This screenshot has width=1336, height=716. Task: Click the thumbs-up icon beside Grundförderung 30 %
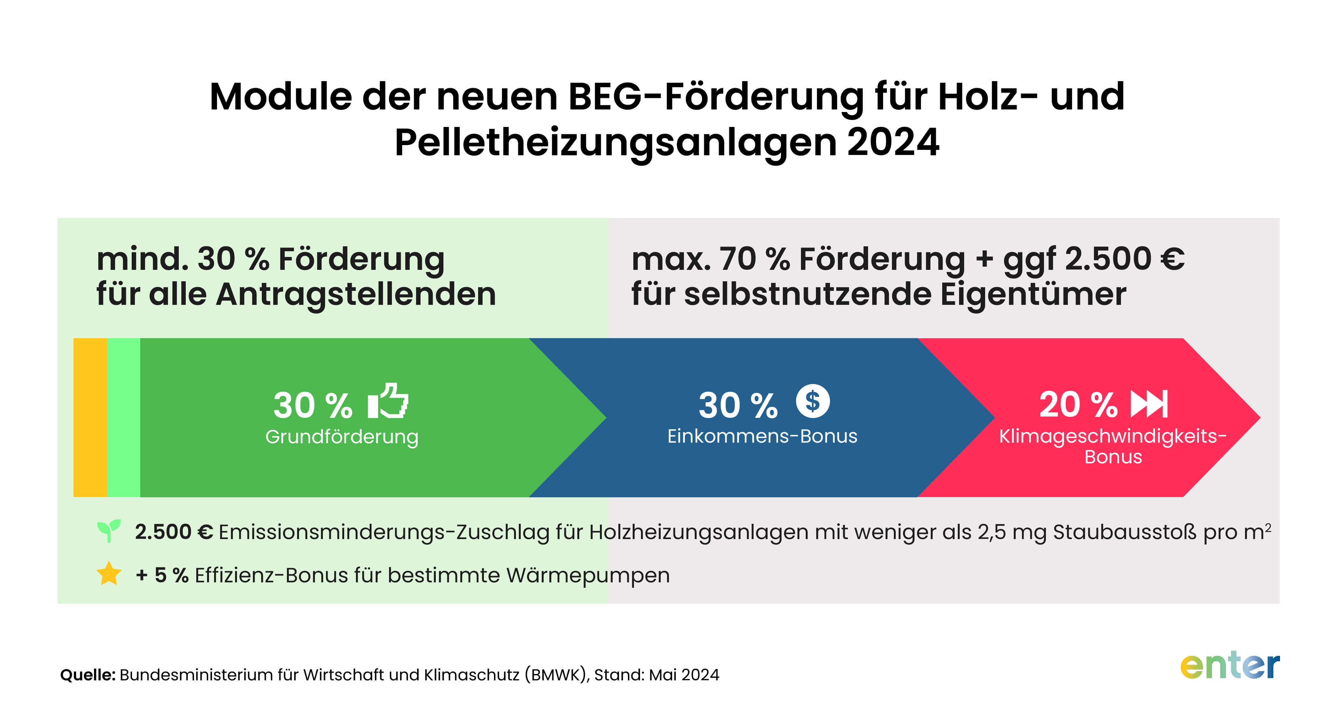tap(388, 401)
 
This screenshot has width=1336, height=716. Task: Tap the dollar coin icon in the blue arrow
tap(813, 401)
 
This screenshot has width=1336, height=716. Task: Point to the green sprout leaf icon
tap(109, 530)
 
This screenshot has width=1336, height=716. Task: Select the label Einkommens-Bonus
tap(762, 436)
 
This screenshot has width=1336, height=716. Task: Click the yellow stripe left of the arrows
tap(90, 417)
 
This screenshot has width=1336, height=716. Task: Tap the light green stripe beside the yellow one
tap(123, 417)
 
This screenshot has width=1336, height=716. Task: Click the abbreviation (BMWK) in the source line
tap(556, 675)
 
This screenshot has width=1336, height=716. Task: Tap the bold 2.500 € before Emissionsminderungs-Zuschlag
tap(174, 532)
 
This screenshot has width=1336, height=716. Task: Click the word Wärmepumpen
tap(588, 575)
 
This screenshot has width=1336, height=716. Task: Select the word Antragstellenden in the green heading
tap(356, 294)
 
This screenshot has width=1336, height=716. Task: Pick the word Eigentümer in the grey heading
tap(1033, 294)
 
